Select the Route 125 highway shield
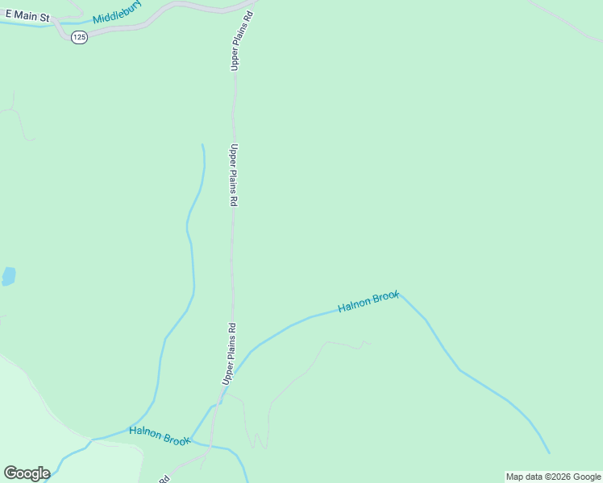[78, 37]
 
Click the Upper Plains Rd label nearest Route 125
[236, 41]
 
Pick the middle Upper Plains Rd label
[233, 175]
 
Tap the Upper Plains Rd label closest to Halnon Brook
[231, 353]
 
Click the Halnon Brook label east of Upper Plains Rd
[368, 303]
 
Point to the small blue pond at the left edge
[8, 277]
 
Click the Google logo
[27, 473]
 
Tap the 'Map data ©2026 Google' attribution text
[554, 477]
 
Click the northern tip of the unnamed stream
[202, 145]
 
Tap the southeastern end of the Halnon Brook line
[549, 453]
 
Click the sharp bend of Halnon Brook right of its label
[401, 295]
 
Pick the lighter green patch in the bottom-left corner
[48, 427]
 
